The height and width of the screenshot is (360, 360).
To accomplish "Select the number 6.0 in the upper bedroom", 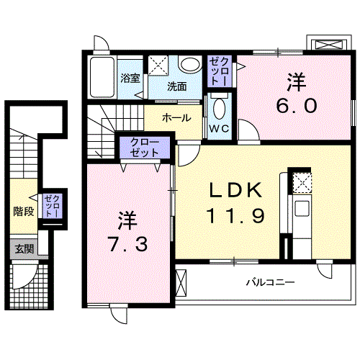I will [x=295, y=106].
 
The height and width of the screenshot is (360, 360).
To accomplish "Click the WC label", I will [x=220, y=129].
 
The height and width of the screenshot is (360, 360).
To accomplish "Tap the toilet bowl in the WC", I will [x=220, y=108].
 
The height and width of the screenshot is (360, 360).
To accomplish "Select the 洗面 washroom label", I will [x=177, y=86].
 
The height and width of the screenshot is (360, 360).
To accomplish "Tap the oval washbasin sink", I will [x=191, y=65].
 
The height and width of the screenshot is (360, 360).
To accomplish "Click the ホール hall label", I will [x=176, y=117].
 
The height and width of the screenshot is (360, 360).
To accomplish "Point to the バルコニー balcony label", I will [x=269, y=282].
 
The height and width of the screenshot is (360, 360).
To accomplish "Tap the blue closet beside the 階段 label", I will [x=52, y=207].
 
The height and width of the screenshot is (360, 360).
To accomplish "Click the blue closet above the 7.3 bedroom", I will [x=145, y=150].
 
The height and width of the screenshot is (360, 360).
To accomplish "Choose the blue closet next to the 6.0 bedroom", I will [x=220, y=72].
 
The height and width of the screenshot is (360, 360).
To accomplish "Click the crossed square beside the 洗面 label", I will [x=158, y=66].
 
